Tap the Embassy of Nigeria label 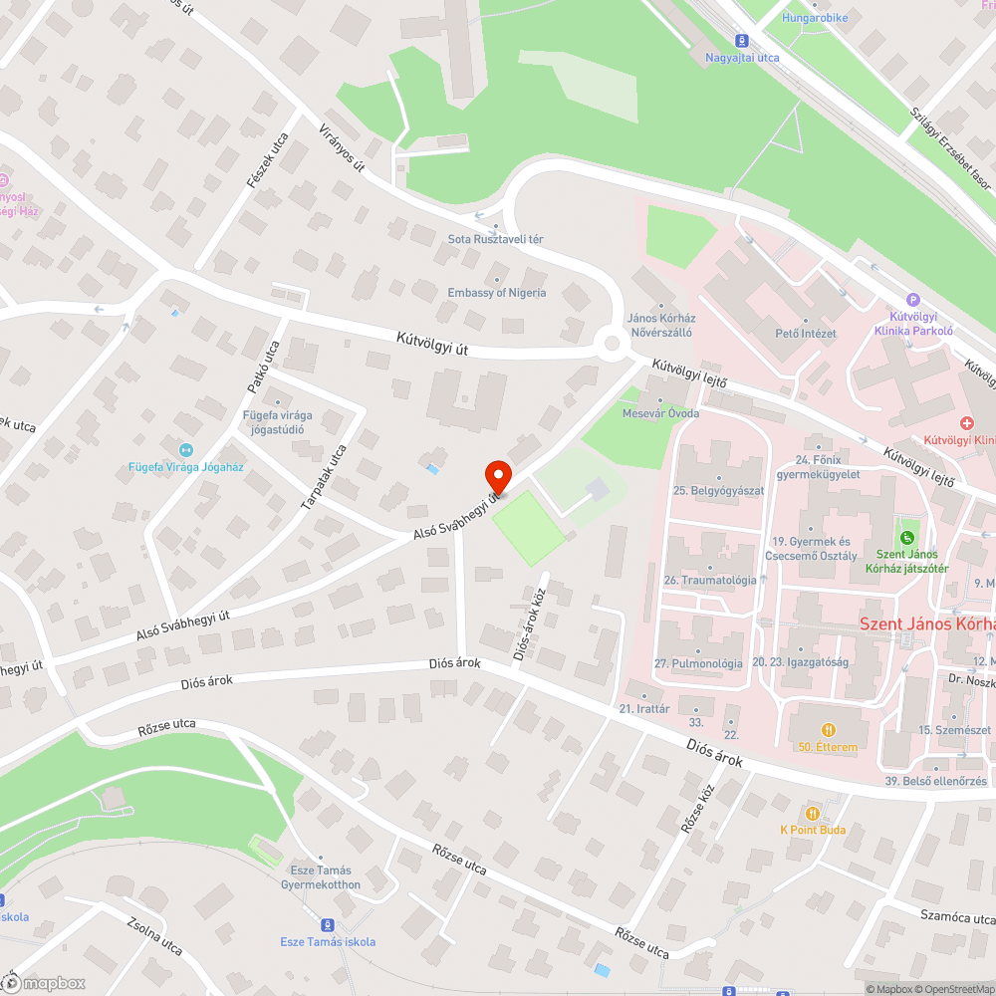pos(497,293)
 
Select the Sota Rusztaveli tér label pos(495,240)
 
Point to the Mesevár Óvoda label pos(660,413)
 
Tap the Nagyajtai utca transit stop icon pos(742,41)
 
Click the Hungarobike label pos(815,18)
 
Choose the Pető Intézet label pos(806,333)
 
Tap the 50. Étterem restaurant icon pos(827,730)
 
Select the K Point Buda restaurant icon pos(814,813)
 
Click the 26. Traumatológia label pos(710,580)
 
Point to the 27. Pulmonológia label pos(698,663)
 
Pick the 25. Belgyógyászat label pos(718,491)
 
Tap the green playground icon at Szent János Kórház pos(906,539)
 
